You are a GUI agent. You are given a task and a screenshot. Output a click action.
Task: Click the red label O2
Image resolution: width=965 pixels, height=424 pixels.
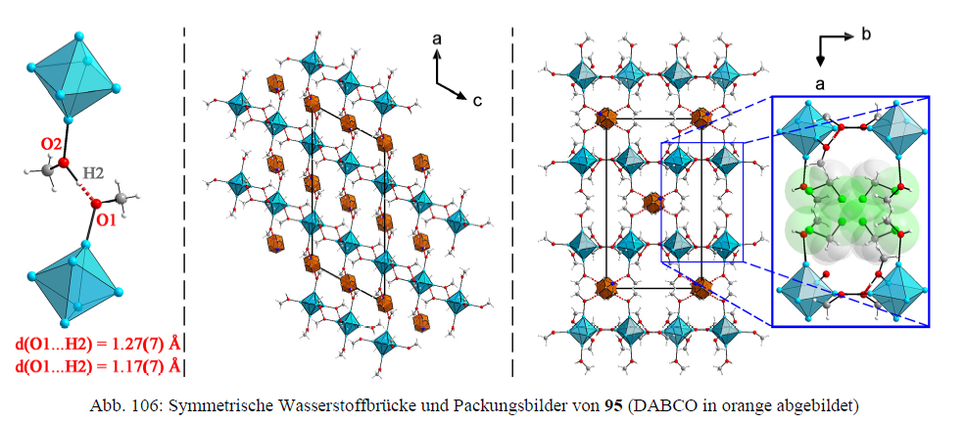click(52, 145)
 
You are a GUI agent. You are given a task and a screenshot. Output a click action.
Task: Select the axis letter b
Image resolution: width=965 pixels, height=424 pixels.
click(866, 35)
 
